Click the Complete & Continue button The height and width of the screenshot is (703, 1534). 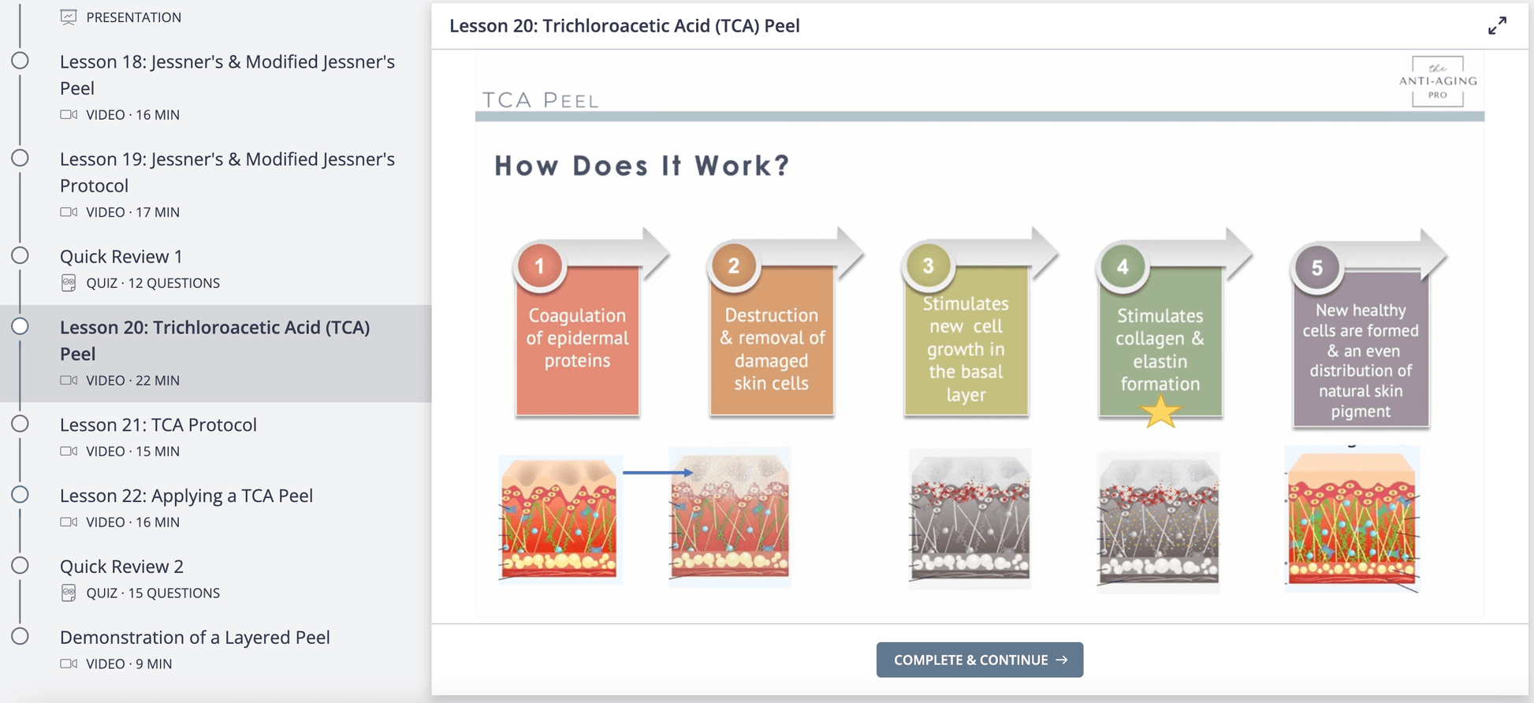point(979,660)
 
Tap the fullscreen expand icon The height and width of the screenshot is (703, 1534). point(1497,26)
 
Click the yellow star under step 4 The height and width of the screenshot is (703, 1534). point(1160,412)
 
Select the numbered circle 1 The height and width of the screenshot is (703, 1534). point(540,266)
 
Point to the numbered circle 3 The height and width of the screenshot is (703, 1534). point(928,266)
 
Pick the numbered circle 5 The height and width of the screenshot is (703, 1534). point(1316,268)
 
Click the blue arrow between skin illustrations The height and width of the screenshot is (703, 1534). point(657,472)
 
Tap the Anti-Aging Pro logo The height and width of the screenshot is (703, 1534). point(1437,81)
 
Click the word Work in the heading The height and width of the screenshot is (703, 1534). point(742,166)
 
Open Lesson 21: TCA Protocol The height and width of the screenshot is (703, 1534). point(158,425)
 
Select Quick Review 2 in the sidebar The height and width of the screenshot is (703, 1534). point(121,567)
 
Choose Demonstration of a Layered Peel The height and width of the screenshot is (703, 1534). point(195,638)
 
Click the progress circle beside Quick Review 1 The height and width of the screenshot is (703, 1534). point(20,255)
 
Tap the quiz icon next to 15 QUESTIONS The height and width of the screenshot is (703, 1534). point(69,593)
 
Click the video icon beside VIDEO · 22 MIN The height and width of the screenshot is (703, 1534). point(69,381)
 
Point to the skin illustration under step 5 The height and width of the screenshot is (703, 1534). point(1351,520)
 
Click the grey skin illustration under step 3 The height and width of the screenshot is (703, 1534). point(969,519)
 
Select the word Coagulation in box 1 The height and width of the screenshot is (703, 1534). point(576,315)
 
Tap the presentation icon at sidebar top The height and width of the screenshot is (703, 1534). point(69,17)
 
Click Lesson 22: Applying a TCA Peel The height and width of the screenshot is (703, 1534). point(186,496)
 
